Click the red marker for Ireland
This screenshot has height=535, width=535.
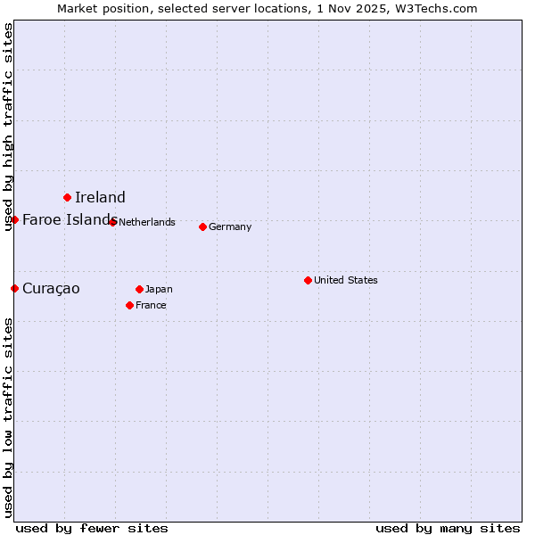pyautogui.click(x=67, y=197)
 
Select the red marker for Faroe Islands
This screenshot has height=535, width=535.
pyautogui.click(x=14, y=219)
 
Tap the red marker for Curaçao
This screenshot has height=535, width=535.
pyautogui.click(x=14, y=288)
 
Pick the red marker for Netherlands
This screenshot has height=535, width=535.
pyautogui.click(x=112, y=222)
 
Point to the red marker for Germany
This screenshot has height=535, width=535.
pyautogui.click(x=202, y=226)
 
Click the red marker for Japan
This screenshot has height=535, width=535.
pyautogui.click(x=139, y=289)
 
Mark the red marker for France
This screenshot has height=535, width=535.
pyautogui.click(x=129, y=305)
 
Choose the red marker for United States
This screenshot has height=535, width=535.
pyautogui.click(x=308, y=280)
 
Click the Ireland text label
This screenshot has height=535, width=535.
pyautogui.click(x=100, y=198)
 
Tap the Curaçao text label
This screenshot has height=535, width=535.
pyautogui.click(x=51, y=289)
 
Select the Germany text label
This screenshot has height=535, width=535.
pyautogui.click(x=230, y=227)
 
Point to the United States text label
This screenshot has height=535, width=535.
pyautogui.click(x=346, y=281)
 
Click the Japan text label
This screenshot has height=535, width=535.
pyautogui.click(x=159, y=290)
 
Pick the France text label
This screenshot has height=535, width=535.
pyautogui.click(x=151, y=306)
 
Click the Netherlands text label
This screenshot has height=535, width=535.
pyautogui.click(x=147, y=223)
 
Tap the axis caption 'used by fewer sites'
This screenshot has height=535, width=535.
pyautogui.click(x=92, y=529)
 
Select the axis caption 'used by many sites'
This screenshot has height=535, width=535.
pyautogui.click(x=448, y=529)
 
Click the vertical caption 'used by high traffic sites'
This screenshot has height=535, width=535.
pyautogui.click(x=8, y=127)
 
